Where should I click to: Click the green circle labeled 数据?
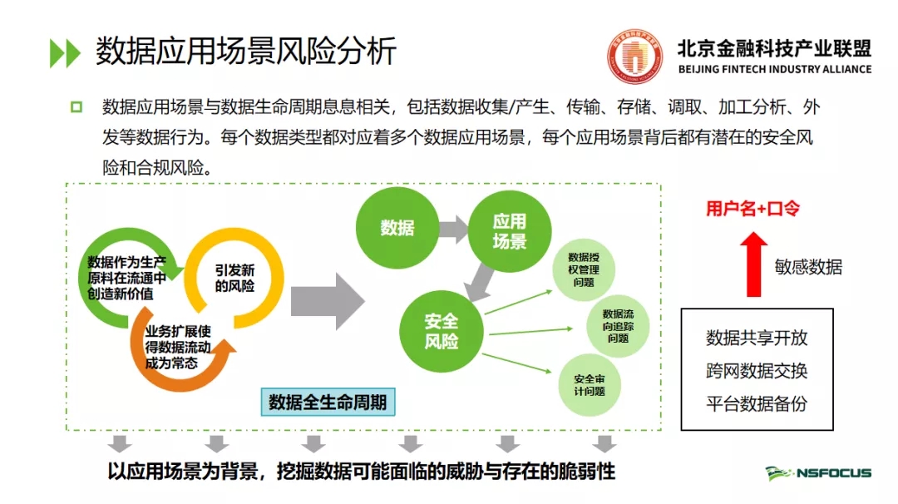pyautogui.click(x=397, y=227)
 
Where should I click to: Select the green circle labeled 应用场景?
pyautogui.click(x=509, y=230)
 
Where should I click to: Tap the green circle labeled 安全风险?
pyautogui.click(x=441, y=330)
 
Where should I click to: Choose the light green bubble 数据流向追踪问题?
pyautogui.click(x=617, y=325)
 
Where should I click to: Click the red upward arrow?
pyautogui.click(x=754, y=264)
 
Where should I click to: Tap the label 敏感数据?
pyautogui.click(x=808, y=267)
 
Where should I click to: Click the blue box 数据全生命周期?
pyautogui.click(x=328, y=403)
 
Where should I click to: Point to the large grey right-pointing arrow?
pyautogui.click(x=327, y=299)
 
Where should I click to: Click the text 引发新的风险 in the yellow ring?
pyautogui.click(x=234, y=278)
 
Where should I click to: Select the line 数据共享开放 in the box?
pyautogui.click(x=757, y=338)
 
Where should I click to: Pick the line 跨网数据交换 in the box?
pyautogui.click(x=757, y=371)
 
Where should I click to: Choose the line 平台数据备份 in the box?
pyautogui.click(x=757, y=404)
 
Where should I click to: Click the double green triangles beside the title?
pyautogui.click(x=65, y=52)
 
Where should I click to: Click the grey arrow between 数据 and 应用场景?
pyautogui.click(x=452, y=227)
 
